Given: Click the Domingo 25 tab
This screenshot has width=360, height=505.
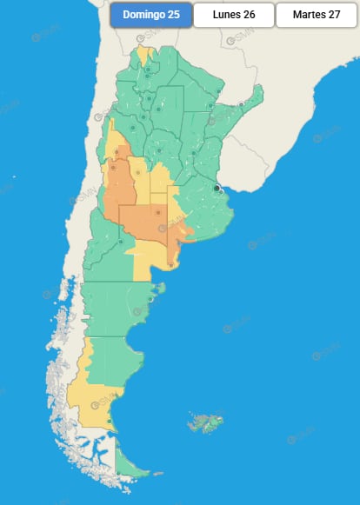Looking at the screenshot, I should tap(150, 15).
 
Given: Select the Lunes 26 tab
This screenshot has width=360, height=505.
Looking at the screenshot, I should tap(233, 15).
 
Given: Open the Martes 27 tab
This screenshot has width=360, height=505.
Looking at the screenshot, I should tap(317, 15).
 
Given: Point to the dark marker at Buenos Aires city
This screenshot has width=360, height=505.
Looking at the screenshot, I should tap(217, 187).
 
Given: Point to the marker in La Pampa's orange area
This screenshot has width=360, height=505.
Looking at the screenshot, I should tap(158, 211).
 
